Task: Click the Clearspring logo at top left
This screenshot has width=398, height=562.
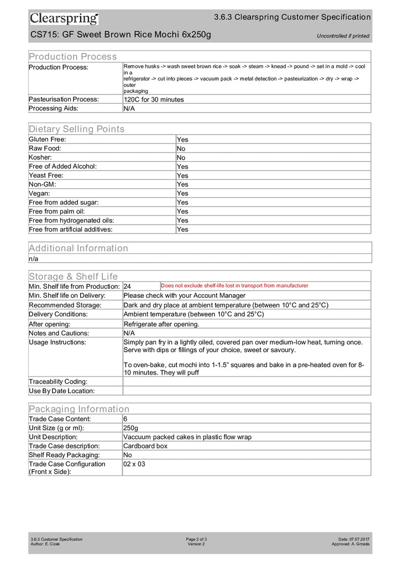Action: point(64,19)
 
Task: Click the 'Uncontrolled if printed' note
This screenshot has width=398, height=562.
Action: point(343,36)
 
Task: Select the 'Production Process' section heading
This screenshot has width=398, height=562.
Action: point(73,56)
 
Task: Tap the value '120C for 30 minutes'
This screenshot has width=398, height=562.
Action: point(154,99)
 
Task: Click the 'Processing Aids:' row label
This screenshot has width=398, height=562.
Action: point(54,108)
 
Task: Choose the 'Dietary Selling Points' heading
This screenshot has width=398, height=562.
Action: point(77,129)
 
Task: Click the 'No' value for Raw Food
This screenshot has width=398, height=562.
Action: point(181,149)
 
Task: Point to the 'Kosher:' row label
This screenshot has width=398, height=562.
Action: point(41,157)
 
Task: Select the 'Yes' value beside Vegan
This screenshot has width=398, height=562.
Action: point(182,193)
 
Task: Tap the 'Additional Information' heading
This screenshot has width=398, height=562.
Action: point(78,248)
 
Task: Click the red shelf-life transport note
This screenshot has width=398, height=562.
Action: point(234,285)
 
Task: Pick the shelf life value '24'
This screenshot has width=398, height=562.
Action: point(128,287)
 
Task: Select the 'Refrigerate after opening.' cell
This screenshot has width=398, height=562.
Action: point(161,324)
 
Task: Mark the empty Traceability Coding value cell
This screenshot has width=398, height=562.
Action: point(247,381)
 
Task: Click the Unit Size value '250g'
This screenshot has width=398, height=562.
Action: point(131,428)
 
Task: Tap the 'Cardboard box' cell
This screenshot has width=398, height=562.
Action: point(145,446)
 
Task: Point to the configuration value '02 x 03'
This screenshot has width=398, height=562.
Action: point(134,464)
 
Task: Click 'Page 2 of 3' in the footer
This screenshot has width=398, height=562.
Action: point(196,539)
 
